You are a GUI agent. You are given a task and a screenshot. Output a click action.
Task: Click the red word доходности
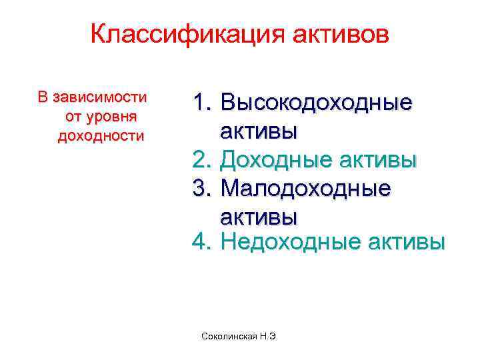point(101,136)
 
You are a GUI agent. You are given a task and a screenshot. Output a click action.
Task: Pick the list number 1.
point(201,103)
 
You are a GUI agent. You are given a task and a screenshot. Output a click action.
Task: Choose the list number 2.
point(201,160)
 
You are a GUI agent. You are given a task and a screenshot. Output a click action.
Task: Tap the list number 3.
point(201,189)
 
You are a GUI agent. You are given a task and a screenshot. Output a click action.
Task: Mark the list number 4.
point(201,242)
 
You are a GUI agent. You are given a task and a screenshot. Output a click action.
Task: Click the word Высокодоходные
point(315,103)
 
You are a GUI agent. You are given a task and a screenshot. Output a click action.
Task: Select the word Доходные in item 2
point(277,160)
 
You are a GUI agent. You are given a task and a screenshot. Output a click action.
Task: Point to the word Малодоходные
point(305,189)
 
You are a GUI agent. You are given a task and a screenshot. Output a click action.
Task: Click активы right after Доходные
point(379,160)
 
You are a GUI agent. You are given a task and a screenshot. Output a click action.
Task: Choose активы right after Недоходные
point(407,242)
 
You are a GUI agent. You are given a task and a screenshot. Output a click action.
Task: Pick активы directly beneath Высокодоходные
point(259,131)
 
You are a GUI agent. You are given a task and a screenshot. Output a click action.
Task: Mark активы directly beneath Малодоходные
point(259,217)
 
